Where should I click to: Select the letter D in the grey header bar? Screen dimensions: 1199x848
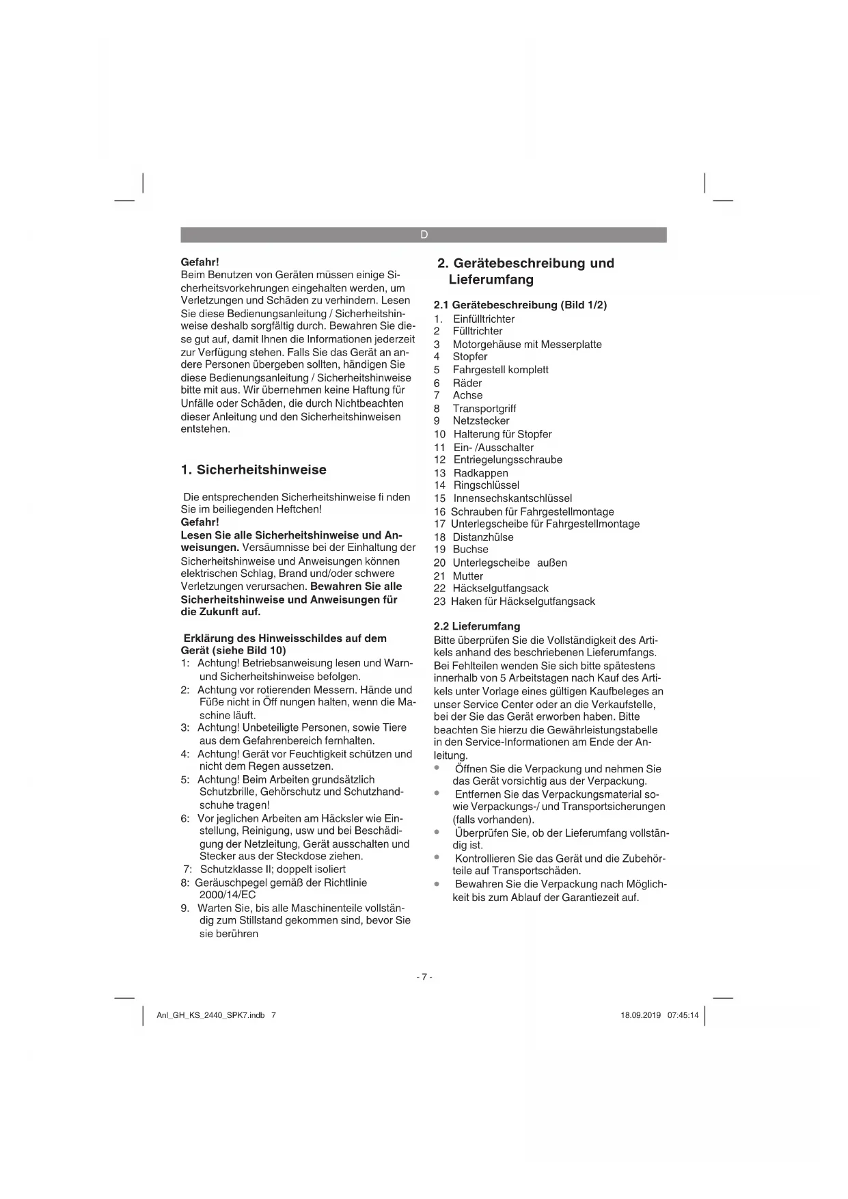point(424,234)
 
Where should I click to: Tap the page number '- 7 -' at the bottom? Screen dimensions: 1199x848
point(424,977)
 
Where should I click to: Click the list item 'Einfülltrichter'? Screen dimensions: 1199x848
point(484,319)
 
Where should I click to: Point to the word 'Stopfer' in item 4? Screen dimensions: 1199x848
point(470,357)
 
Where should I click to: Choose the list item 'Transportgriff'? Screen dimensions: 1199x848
point(484,409)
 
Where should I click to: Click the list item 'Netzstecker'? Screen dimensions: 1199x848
point(481,421)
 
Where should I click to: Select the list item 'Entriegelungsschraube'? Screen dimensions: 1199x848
point(508,460)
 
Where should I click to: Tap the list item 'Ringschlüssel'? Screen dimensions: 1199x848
point(487,485)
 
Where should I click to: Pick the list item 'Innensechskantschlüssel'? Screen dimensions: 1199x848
point(512,498)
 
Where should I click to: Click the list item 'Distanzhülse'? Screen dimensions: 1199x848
point(483,537)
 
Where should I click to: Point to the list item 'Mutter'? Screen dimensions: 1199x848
point(468,576)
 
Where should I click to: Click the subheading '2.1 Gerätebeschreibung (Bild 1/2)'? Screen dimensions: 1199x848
point(521,305)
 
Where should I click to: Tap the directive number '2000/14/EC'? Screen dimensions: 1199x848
point(228,895)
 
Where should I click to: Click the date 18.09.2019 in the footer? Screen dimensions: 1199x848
point(640,1015)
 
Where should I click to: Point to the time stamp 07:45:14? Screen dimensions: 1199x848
point(683,1015)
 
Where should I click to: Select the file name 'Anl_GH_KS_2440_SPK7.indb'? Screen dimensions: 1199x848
point(210,1015)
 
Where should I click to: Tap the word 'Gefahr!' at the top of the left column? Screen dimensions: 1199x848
point(200,262)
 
